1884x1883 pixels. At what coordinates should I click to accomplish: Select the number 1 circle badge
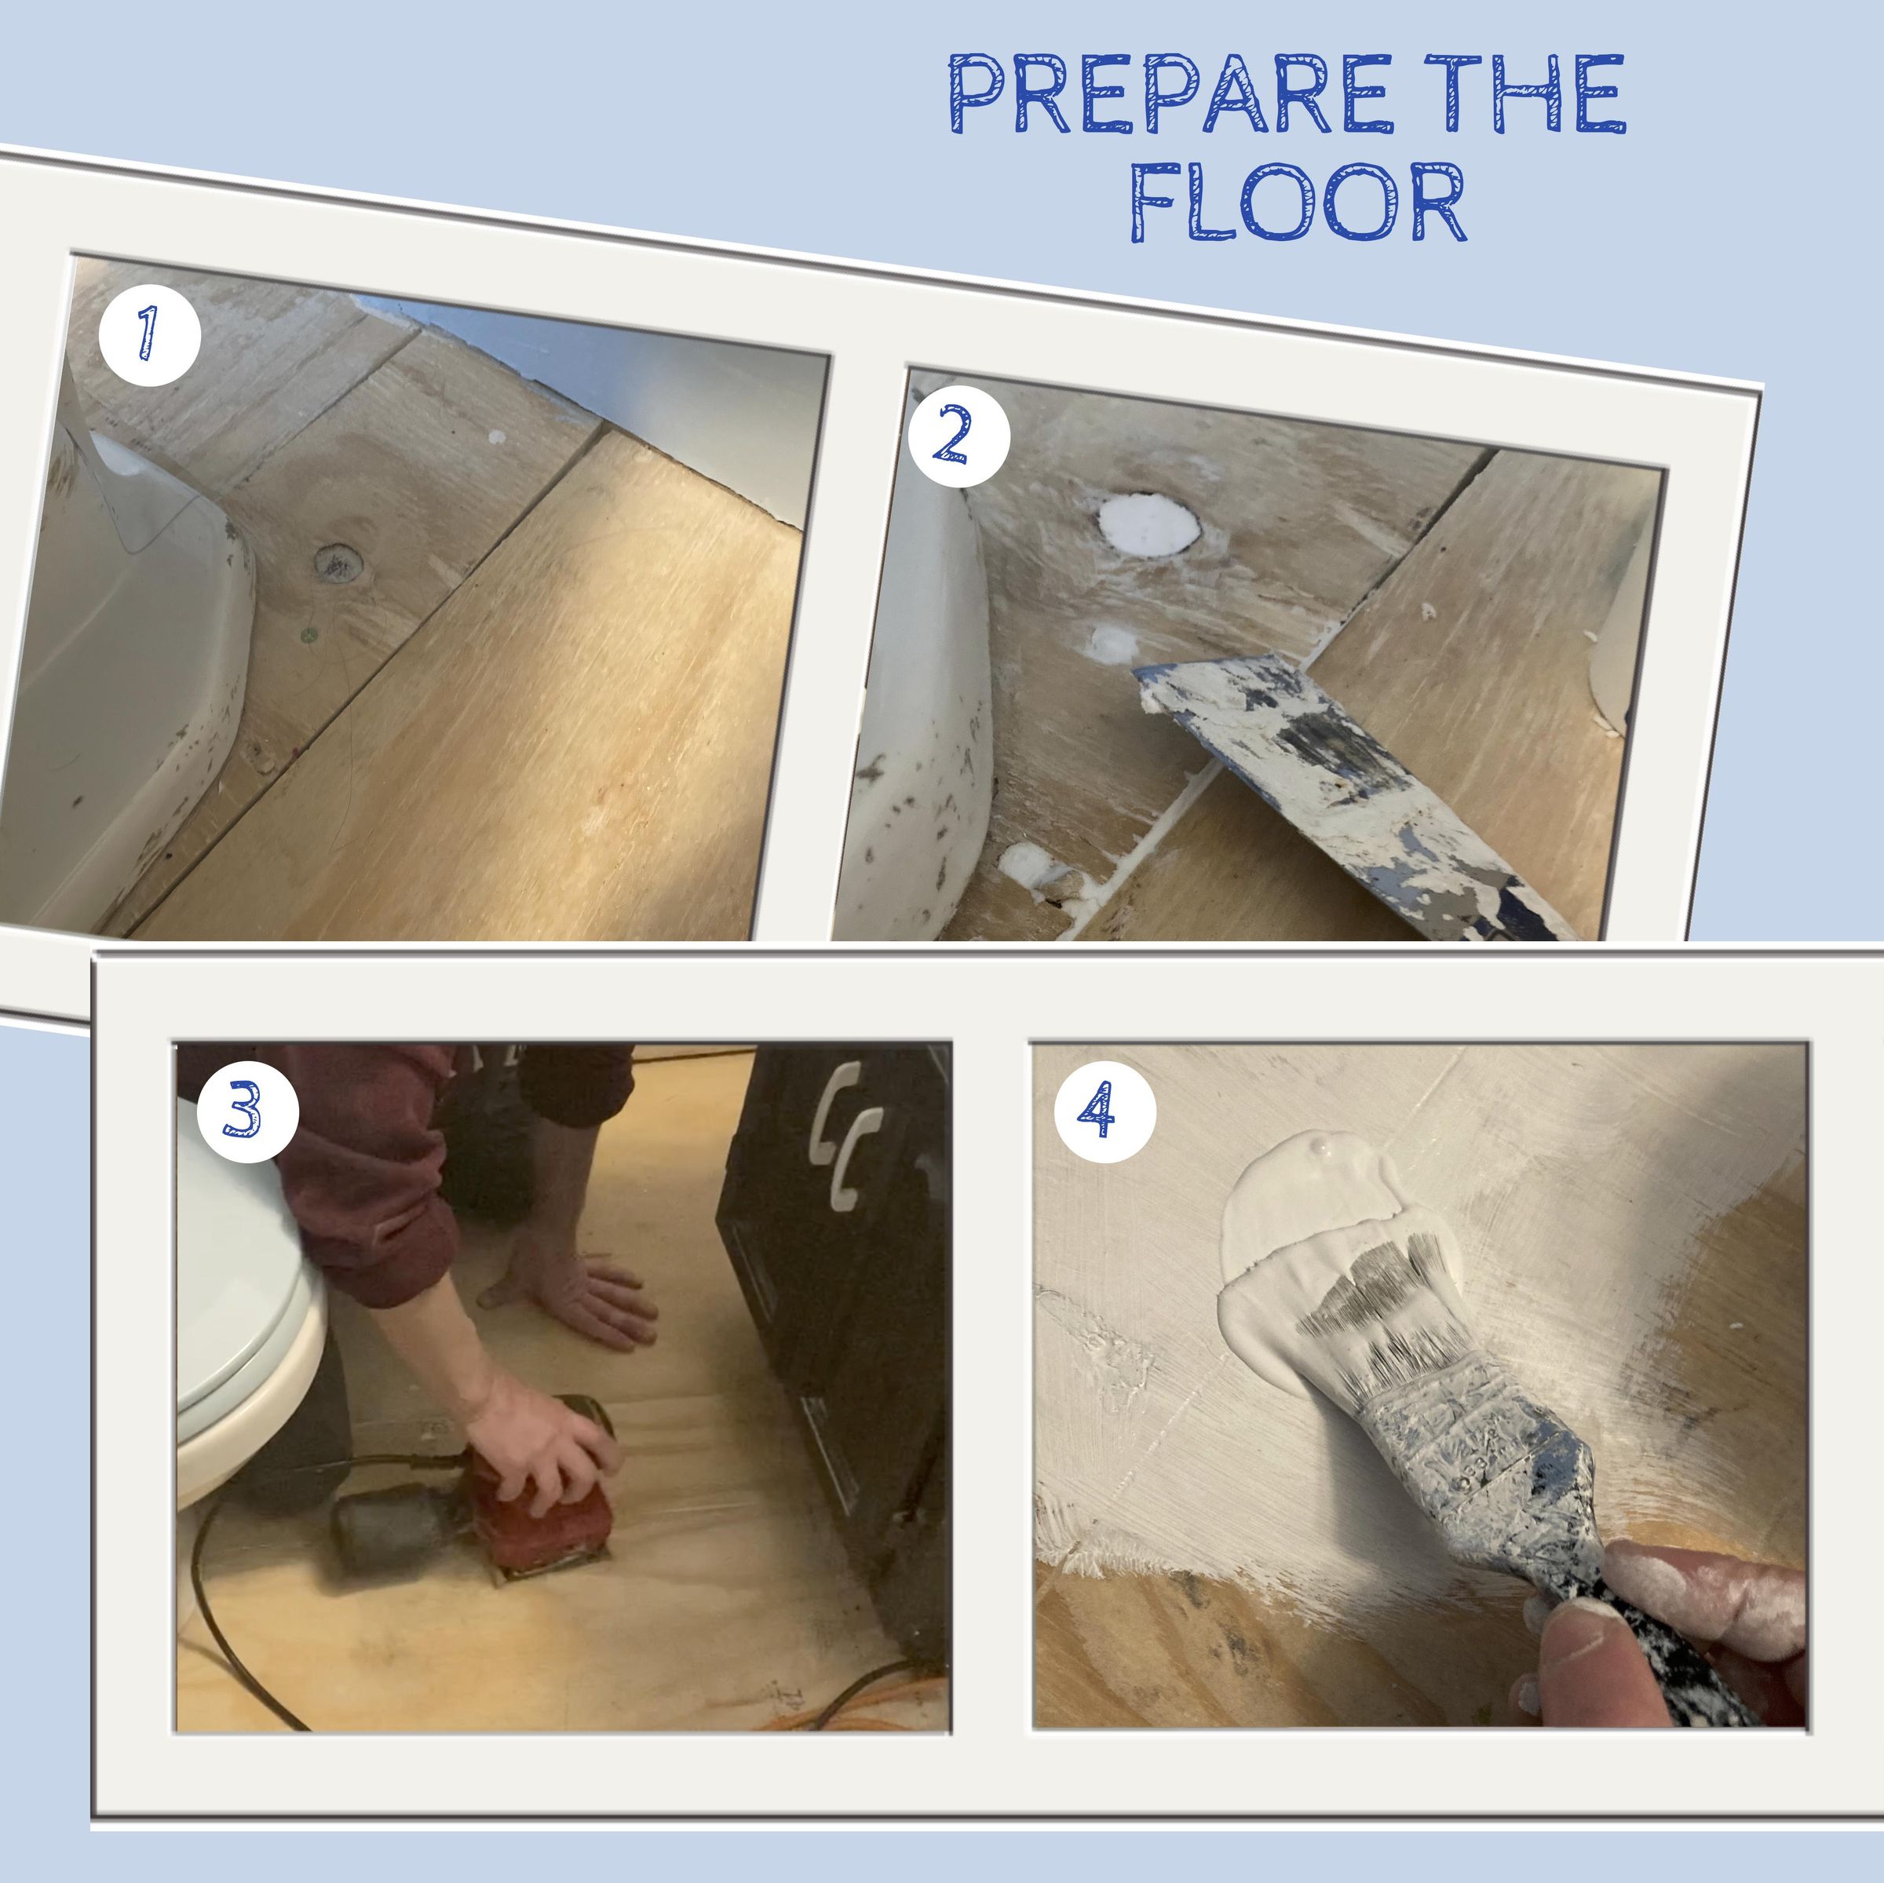(x=149, y=334)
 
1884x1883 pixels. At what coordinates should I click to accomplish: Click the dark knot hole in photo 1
(x=338, y=563)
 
